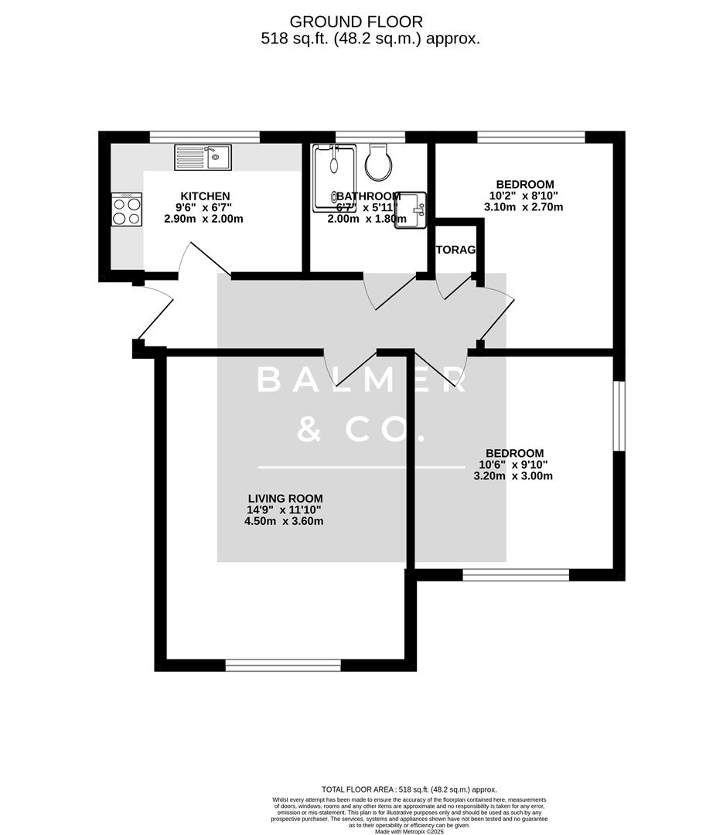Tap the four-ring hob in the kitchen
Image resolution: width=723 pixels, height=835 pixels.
[127, 210]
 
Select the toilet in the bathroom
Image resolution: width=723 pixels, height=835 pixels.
[380, 162]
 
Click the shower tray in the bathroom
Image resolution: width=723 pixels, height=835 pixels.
[334, 177]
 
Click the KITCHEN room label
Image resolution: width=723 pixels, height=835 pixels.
[205, 196]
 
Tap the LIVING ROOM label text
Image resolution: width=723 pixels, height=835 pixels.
[285, 499]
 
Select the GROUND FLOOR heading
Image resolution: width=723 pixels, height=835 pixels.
[356, 21]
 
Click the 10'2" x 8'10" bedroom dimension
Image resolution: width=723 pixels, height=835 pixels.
[525, 196]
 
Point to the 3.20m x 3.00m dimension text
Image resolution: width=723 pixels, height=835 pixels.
[513, 476]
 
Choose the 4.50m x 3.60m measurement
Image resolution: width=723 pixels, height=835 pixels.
[284, 521]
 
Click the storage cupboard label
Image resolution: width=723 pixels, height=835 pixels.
[455, 250]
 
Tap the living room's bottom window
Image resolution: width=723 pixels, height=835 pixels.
[283, 665]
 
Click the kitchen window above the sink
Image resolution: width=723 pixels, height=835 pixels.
[204, 137]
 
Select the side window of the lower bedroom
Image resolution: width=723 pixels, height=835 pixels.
[619, 414]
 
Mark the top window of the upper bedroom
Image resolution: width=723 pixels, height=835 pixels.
[530, 137]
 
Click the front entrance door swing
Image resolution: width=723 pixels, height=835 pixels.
[155, 313]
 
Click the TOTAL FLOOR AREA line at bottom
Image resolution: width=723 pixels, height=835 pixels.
[409, 789]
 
